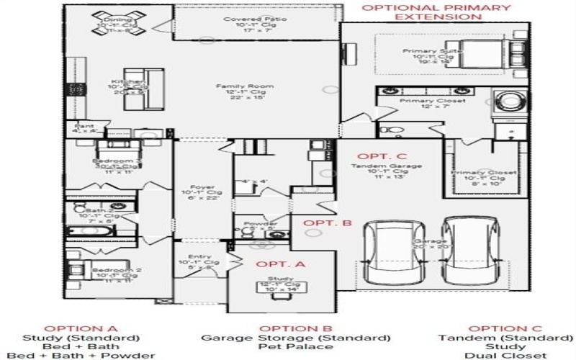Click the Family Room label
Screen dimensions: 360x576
(x=236, y=86)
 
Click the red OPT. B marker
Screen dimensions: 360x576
(x=327, y=222)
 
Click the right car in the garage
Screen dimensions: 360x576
(x=463, y=249)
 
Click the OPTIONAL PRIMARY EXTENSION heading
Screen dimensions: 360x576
(x=435, y=11)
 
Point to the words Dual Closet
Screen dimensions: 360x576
(x=505, y=355)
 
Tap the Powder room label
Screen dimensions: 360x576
(x=261, y=223)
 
